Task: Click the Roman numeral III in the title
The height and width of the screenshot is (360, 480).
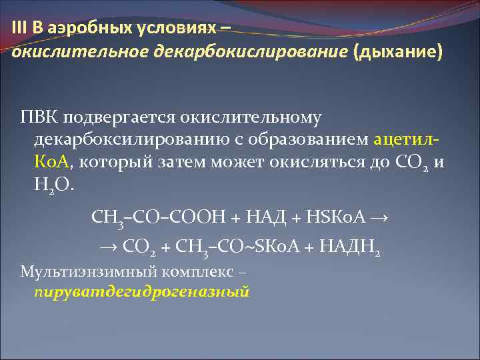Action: click(x=19, y=27)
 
